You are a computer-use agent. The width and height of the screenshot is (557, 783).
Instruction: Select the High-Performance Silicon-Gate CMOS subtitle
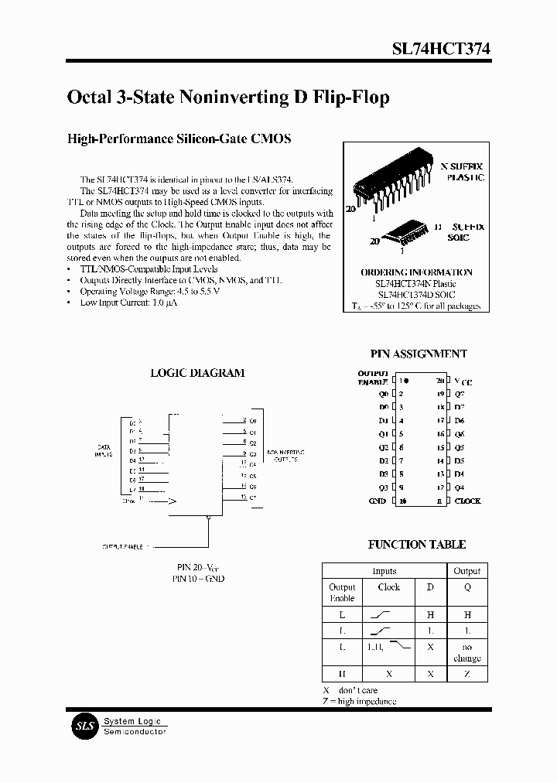179,139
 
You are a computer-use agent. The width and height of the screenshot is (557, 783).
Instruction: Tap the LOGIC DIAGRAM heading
197,373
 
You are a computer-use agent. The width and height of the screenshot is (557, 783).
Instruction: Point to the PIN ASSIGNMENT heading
418,354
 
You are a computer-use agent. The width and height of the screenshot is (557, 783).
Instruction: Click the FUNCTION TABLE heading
416,545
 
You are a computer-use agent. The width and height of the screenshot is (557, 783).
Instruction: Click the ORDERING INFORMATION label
416,272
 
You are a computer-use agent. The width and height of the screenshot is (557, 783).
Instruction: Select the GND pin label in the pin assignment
378,501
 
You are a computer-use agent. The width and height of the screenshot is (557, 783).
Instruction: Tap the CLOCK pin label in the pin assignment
467,501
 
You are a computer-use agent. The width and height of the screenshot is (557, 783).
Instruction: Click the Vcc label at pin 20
463,381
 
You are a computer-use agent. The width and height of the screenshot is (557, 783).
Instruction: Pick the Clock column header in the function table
389,587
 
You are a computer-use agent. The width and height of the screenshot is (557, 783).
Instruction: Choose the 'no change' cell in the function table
466,652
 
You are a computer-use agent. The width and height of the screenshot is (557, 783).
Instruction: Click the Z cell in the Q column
466,674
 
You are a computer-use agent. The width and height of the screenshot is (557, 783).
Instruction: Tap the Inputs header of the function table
384,571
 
